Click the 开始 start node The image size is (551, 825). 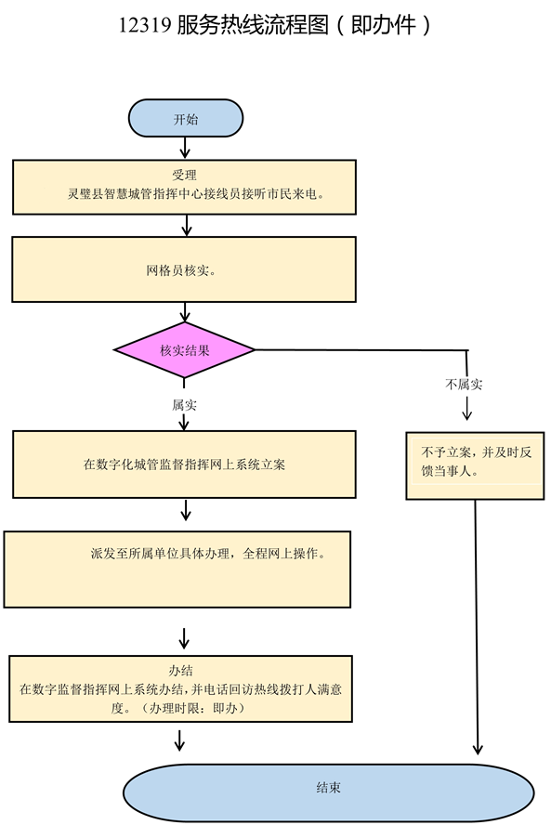(186, 118)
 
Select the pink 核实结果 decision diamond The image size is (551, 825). (184, 350)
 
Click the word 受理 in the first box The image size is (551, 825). (184, 175)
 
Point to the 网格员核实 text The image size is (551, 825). (180, 270)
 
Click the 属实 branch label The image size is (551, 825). (184, 405)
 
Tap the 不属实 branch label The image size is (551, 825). (464, 384)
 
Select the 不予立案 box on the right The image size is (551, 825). (475, 465)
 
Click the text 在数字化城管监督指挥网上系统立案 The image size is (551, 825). (184, 465)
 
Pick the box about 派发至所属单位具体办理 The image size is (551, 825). (177, 570)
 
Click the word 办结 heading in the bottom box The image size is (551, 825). (180, 671)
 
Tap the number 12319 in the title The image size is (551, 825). (145, 25)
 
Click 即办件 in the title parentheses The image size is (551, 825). (384, 25)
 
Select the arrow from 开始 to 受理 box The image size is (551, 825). (185, 148)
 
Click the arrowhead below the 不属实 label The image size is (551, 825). (466, 414)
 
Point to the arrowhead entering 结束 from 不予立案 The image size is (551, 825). (478, 749)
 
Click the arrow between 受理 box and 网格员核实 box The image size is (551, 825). (186, 225)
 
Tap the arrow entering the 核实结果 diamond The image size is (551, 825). (185, 311)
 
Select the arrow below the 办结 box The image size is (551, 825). (179, 740)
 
